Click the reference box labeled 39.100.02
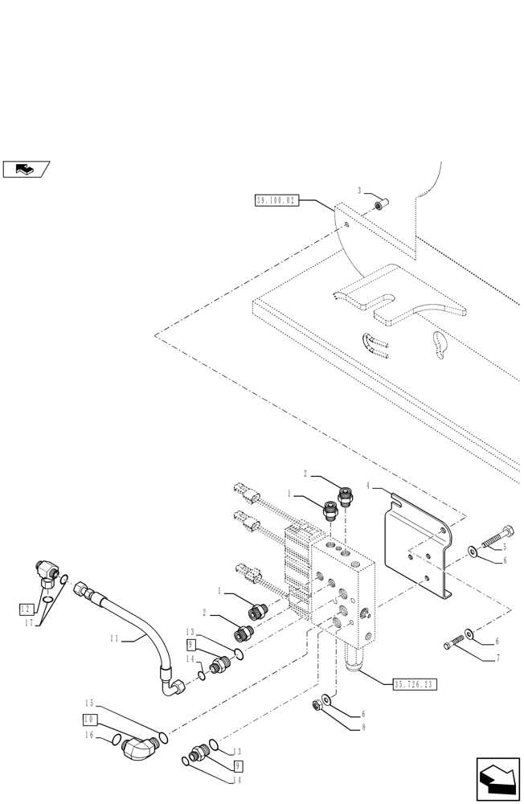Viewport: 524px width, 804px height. click(276, 200)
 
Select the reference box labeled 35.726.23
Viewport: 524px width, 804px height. click(415, 684)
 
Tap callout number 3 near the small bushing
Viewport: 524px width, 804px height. click(361, 191)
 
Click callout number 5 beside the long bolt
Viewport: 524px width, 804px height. click(503, 546)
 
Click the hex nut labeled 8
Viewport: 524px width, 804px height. click(317, 706)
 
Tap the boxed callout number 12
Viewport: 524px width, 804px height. click(25, 609)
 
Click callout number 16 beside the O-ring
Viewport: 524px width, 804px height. click(90, 735)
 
